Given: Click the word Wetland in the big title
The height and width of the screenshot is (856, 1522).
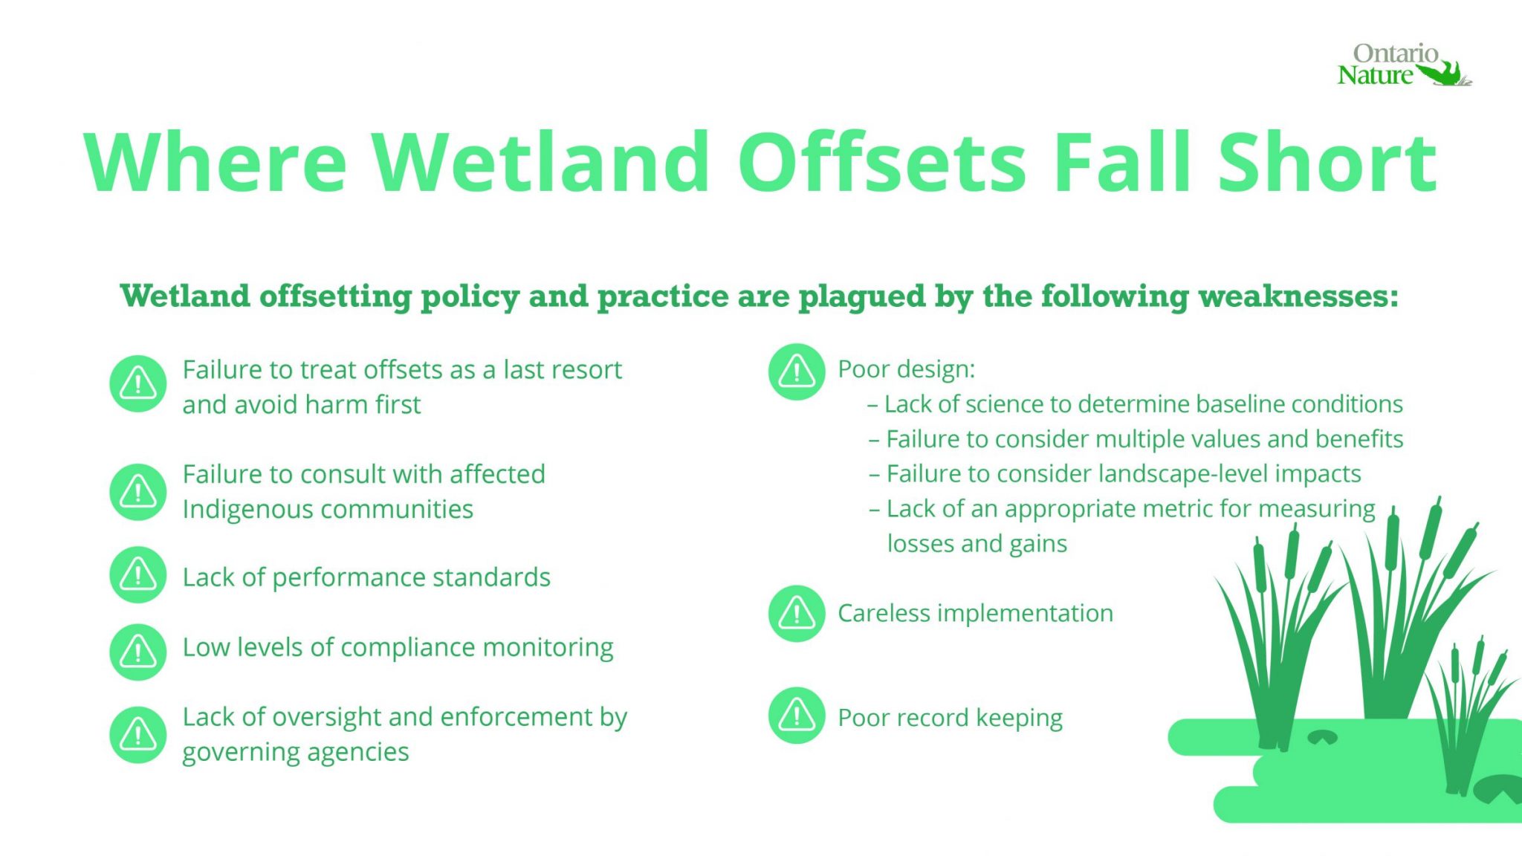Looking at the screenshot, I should (540, 163).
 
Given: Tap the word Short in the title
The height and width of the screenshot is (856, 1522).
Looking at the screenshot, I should (1327, 163).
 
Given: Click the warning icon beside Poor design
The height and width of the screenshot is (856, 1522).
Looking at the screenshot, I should (797, 372).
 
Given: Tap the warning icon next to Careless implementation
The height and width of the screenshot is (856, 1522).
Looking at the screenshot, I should (797, 614).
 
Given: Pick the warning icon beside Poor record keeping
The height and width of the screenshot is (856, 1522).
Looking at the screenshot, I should (797, 716).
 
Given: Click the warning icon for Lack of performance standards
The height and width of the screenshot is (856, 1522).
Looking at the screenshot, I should (137, 574).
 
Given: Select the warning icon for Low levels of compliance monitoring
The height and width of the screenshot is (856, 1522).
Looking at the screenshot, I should (137, 652).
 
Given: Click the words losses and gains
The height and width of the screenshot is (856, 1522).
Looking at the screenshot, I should (977, 544).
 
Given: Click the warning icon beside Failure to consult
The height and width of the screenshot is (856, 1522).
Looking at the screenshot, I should (137, 492).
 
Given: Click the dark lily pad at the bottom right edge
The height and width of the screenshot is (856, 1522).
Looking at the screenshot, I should (1497, 788).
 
